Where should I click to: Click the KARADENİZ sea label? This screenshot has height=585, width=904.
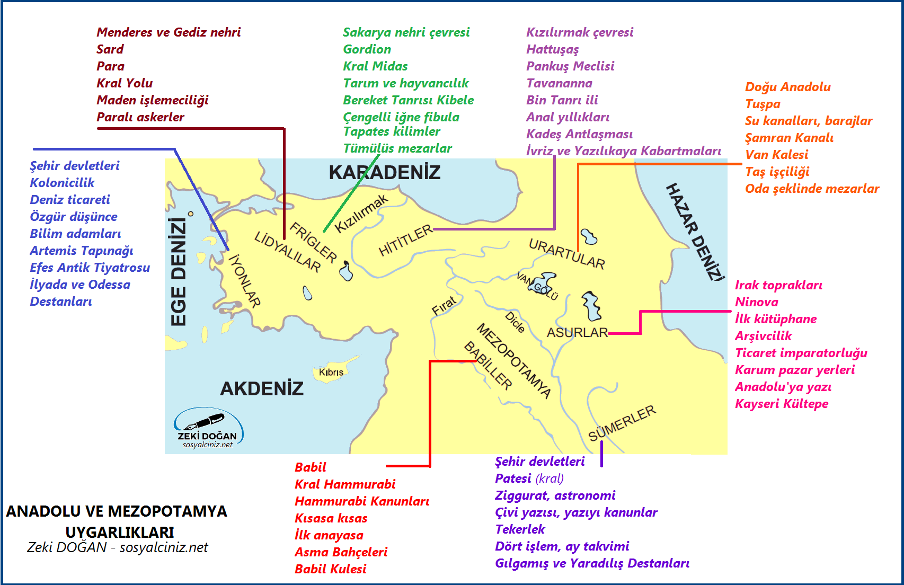(384, 172)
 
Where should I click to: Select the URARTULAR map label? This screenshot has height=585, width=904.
(566, 254)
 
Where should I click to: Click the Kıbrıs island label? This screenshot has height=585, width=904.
(331, 373)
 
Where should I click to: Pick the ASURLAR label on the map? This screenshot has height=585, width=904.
(577, 333)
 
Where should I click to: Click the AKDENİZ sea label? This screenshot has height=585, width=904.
(262, 388)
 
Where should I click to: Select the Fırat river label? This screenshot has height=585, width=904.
(444, 306)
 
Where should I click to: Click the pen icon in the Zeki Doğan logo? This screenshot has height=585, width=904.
(204, 421)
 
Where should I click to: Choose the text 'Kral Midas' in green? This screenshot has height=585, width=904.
(375, 66)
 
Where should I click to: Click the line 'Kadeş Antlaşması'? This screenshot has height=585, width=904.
(579, 134)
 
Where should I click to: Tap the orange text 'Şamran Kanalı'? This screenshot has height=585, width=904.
(789, 138)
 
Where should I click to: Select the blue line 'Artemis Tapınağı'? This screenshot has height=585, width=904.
(82, 251)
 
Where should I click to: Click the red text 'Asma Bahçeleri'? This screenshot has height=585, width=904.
(341, 552)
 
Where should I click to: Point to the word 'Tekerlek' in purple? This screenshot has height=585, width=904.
(520, 529)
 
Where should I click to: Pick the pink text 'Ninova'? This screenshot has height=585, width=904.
(756, 302)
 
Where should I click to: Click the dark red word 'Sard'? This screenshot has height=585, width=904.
(110, 49)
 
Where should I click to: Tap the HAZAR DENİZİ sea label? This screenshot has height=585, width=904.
(695, 232)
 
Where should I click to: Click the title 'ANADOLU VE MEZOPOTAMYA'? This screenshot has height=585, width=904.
(117, 511)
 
